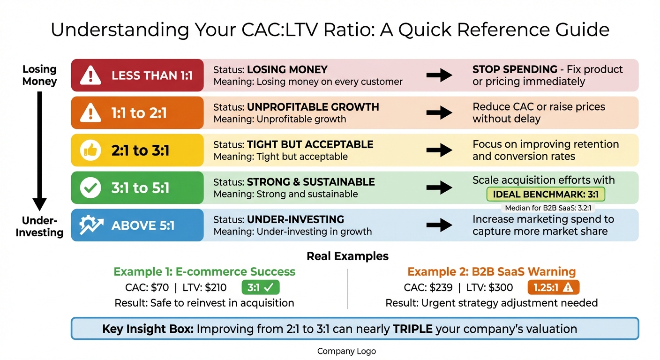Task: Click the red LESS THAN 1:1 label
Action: (x=152, y=75)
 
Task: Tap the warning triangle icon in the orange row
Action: (x=90, y=113)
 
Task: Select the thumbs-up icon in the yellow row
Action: (x=90, y=150)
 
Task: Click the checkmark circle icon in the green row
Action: (x=90, y=188)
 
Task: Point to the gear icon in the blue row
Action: (x=90, y=225)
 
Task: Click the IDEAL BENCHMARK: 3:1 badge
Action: (x=546, y=194)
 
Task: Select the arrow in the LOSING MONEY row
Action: (x=439, y=75)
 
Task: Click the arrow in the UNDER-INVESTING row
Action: (x=439, y=225)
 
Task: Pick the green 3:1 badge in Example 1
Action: (x=260, y=287)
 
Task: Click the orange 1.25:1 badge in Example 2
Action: (x=553, y=287)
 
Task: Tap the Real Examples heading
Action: (x=347, y=256)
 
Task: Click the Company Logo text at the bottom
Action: (x=346, y=351)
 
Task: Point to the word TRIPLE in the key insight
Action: (x=412, y=329)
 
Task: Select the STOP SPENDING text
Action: (x=514, y=69)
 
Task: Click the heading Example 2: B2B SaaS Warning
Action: (x=491, y=272)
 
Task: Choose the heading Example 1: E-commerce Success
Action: (x=204, y=272)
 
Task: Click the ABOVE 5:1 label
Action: (x=143, y=225)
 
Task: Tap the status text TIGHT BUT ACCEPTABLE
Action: (x=310, y=144)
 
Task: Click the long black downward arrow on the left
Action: (x=40, y=150)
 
